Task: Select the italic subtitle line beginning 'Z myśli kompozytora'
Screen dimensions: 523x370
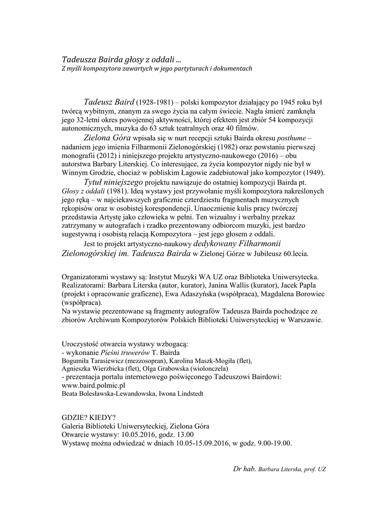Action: (157, 68)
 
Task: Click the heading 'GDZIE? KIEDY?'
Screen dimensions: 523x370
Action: (88, 417)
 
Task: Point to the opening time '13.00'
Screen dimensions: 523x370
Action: (176, 435)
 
